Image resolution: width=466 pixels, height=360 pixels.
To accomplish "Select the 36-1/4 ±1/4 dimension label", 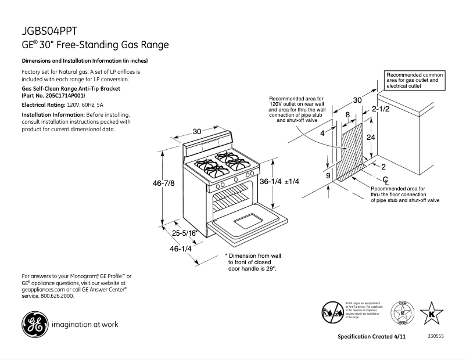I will (x=279, y=181).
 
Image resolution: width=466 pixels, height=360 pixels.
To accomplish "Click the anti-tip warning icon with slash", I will (x=332, y=312).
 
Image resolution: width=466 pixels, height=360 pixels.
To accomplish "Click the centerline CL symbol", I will (x=385, y=181).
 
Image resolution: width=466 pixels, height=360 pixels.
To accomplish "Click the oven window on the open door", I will (x=248, y=221).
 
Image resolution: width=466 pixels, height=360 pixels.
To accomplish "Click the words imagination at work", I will (x=85, y=325).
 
